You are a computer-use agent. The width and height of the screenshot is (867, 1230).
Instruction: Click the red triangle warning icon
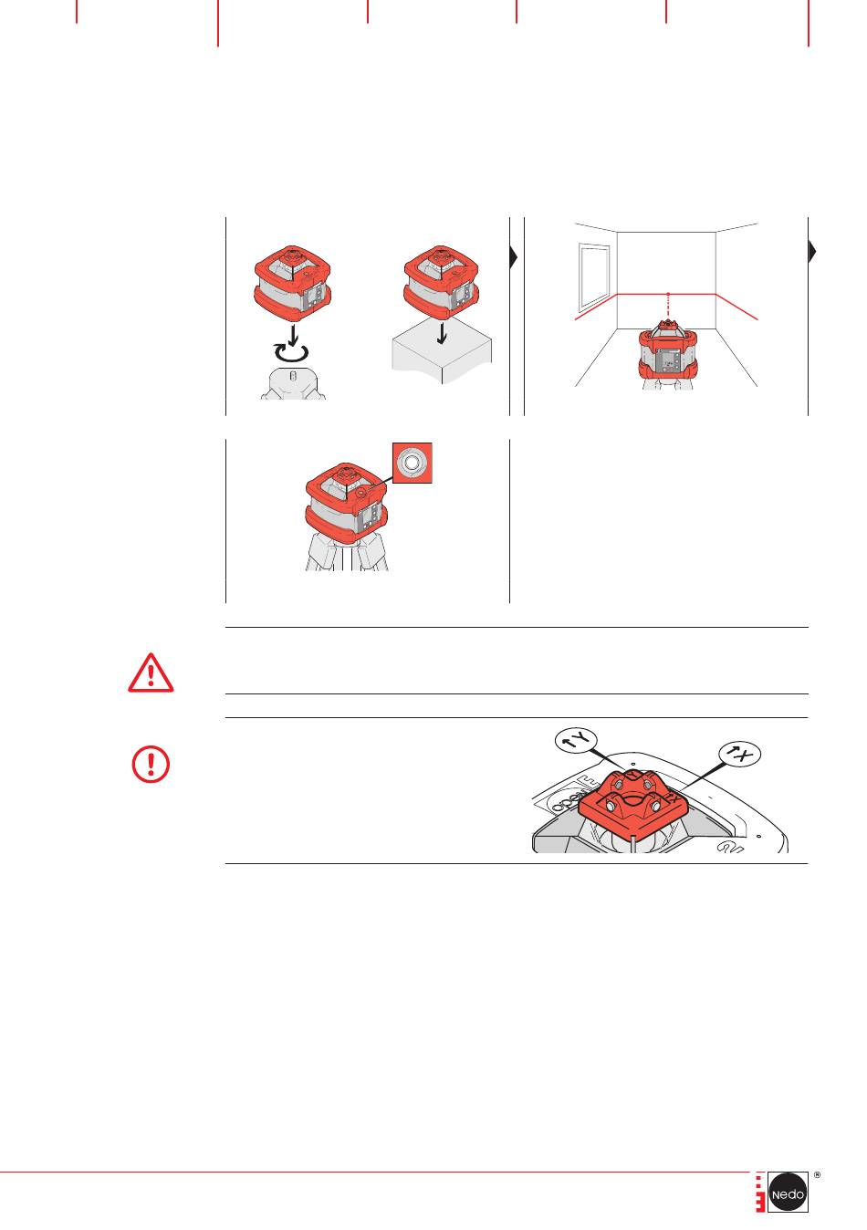click(151, 673)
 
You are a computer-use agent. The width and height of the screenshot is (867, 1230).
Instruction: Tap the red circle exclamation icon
click(151, 764)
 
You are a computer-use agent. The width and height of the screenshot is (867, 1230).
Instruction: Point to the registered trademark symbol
click(817, 1175)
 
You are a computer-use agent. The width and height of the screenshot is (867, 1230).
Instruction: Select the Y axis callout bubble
click(576, 741)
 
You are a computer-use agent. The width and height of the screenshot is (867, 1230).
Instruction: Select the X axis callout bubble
click(739, 755)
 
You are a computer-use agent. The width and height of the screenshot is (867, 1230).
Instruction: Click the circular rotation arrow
click(291, 352)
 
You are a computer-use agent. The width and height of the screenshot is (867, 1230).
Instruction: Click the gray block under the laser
click(442, 358)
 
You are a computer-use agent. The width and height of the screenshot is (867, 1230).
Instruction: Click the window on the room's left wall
click(594, 276)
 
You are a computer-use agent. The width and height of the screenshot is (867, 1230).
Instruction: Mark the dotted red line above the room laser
click(668, 306)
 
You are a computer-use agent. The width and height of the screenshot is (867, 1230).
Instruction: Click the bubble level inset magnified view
click(412, 463)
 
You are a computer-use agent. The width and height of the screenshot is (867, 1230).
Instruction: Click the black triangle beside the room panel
click(812, 252)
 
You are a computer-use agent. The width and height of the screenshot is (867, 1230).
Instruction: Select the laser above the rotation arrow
click(293, 285)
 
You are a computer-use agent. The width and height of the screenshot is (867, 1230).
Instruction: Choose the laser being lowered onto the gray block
click(442, 283)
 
